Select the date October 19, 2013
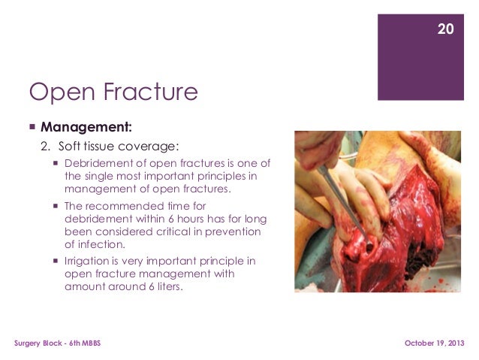coord(435,343)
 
